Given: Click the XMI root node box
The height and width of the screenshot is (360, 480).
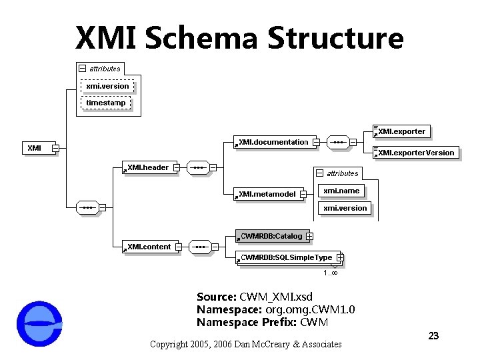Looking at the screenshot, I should coord(35,148).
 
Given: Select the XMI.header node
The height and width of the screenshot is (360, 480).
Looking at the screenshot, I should coord(148,167).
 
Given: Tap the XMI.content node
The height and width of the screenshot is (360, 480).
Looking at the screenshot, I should coord(149,247).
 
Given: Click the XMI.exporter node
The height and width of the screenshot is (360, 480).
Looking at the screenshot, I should coord(401,131).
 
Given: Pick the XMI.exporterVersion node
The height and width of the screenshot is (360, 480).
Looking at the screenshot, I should coord(415,153).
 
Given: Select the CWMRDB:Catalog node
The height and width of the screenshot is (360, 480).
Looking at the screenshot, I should coord(270,236).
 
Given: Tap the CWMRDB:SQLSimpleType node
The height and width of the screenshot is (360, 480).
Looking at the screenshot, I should coord(285,257).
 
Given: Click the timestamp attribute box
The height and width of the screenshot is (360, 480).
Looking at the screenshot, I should coord(106,103).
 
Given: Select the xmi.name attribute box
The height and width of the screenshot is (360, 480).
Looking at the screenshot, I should coord(341,191).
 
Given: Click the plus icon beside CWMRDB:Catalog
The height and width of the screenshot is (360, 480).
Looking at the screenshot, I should coord(310,236).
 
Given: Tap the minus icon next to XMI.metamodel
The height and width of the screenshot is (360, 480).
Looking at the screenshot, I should coord(303,194).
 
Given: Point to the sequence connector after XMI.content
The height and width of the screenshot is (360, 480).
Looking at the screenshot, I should coord(200,247).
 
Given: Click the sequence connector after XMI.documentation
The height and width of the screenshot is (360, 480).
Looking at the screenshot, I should coord(339,142).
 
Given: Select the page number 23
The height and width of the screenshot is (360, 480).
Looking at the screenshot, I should coord(433,335).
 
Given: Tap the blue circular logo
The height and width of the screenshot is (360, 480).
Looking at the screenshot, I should coord(39,324).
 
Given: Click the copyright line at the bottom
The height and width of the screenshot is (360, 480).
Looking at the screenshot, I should coord(245,344).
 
